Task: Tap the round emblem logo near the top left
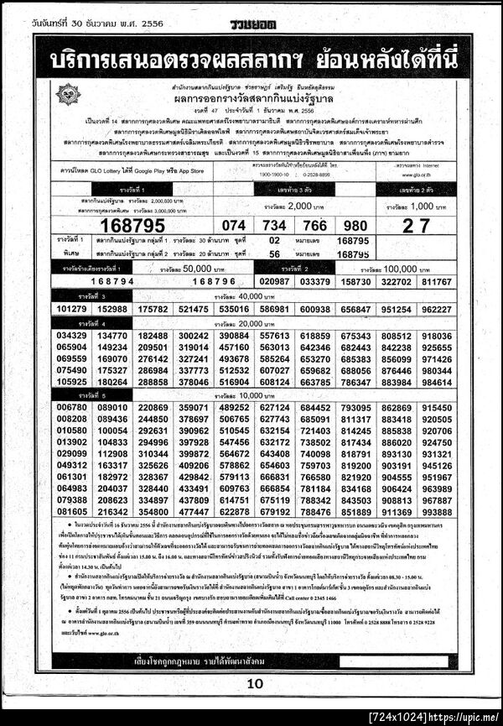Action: tap(68, 93)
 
